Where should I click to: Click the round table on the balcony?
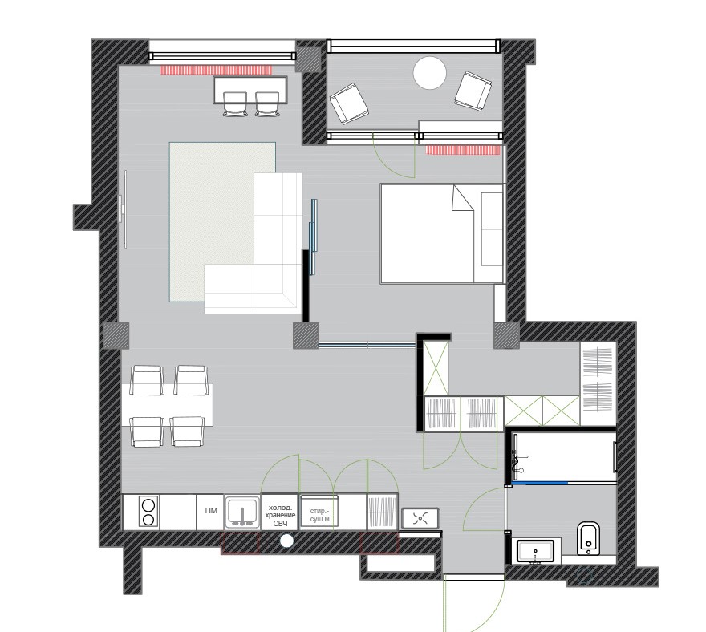[x=430, y=73]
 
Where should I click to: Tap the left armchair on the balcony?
[x=349, y=103]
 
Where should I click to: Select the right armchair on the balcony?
[x=473, y=90]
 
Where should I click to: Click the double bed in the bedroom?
[x=442, y=233]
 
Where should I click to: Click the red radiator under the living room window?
[x=217, y=70]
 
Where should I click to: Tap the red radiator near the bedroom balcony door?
[x=464, y=150]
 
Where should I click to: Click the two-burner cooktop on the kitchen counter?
[x=148, y=512]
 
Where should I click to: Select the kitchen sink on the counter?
[x=242, y=512]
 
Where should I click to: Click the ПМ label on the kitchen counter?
[x=211, y=510]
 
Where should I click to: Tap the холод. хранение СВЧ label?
[x=280, y=516]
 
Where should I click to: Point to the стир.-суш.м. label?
[x=320, y=516]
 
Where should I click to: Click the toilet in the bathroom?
[x=588, y=538]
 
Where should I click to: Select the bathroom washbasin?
[x=535, y=551]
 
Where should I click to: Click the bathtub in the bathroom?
[x=564, y=456]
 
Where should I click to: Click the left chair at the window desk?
[x=234, y=104]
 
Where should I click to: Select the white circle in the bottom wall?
[x=286, y=541]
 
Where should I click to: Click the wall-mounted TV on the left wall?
[x=124, y=209]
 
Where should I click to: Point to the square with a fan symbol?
[x=420, y=517]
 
